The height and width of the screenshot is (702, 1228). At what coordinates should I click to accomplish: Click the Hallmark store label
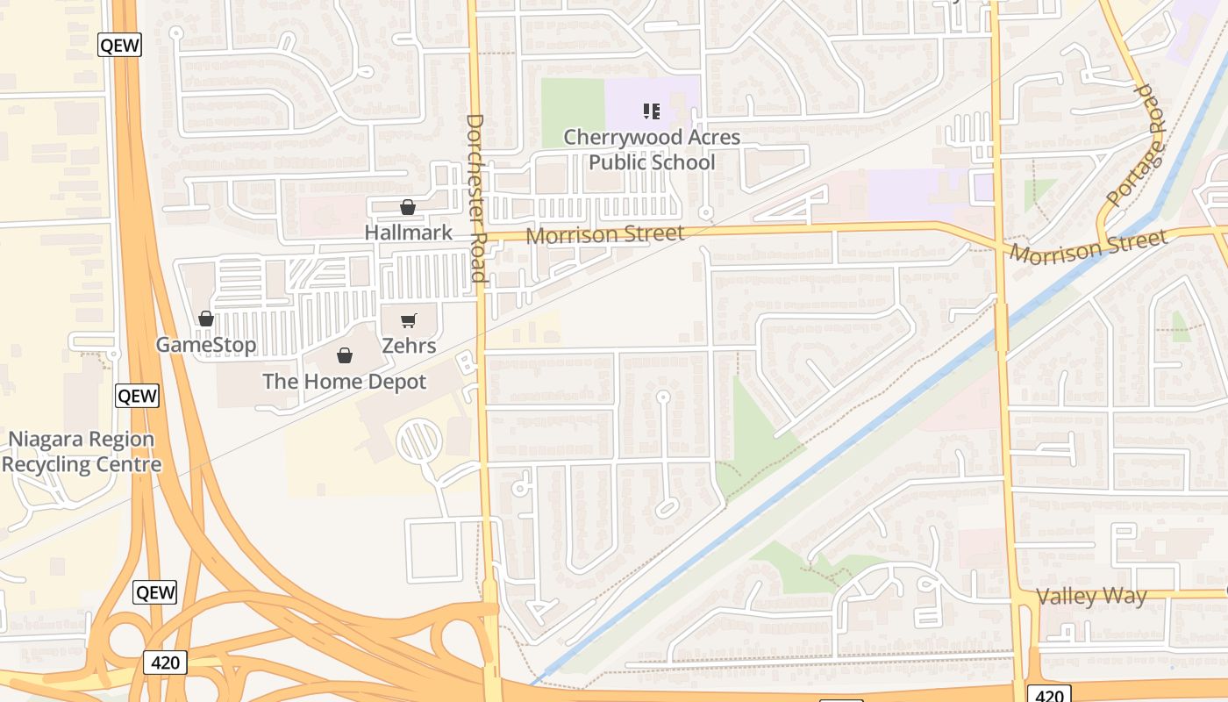(409, 233)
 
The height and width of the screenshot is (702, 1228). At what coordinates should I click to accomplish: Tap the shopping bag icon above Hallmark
(408, 207)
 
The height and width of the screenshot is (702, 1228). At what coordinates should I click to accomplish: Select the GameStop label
(206, 345)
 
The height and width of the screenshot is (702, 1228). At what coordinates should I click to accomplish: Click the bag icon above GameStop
(206, 319)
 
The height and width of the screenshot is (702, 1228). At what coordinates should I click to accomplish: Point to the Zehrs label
(409, 346)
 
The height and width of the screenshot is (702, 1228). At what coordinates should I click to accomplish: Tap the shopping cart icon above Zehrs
(409, 320)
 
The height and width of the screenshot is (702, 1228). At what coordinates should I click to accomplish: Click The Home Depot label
(345, 382)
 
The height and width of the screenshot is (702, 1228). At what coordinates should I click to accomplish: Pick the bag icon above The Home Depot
(345, 355)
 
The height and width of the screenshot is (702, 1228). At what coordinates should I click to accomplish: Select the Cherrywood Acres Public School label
(652, 150)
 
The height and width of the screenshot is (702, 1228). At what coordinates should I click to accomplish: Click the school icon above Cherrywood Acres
(652, 111)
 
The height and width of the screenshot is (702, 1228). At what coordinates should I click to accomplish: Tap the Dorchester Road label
(476, 197)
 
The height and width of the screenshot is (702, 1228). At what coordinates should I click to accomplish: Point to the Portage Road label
(1138, 146)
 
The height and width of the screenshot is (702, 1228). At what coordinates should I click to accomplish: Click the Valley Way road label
(1091, 597)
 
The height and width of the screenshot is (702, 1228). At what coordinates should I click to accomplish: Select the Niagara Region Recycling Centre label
(82, 452)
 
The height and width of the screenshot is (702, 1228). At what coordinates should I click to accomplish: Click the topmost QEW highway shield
(119, 45)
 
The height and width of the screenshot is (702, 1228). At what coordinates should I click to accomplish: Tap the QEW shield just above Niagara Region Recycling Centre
(137, 396)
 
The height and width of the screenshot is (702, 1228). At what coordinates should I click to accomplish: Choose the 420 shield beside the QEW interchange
(165, 663)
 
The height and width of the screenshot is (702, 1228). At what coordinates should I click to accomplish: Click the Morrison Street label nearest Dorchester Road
(605, 234)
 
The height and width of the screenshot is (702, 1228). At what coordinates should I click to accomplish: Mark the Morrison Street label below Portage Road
(1089, 247)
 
